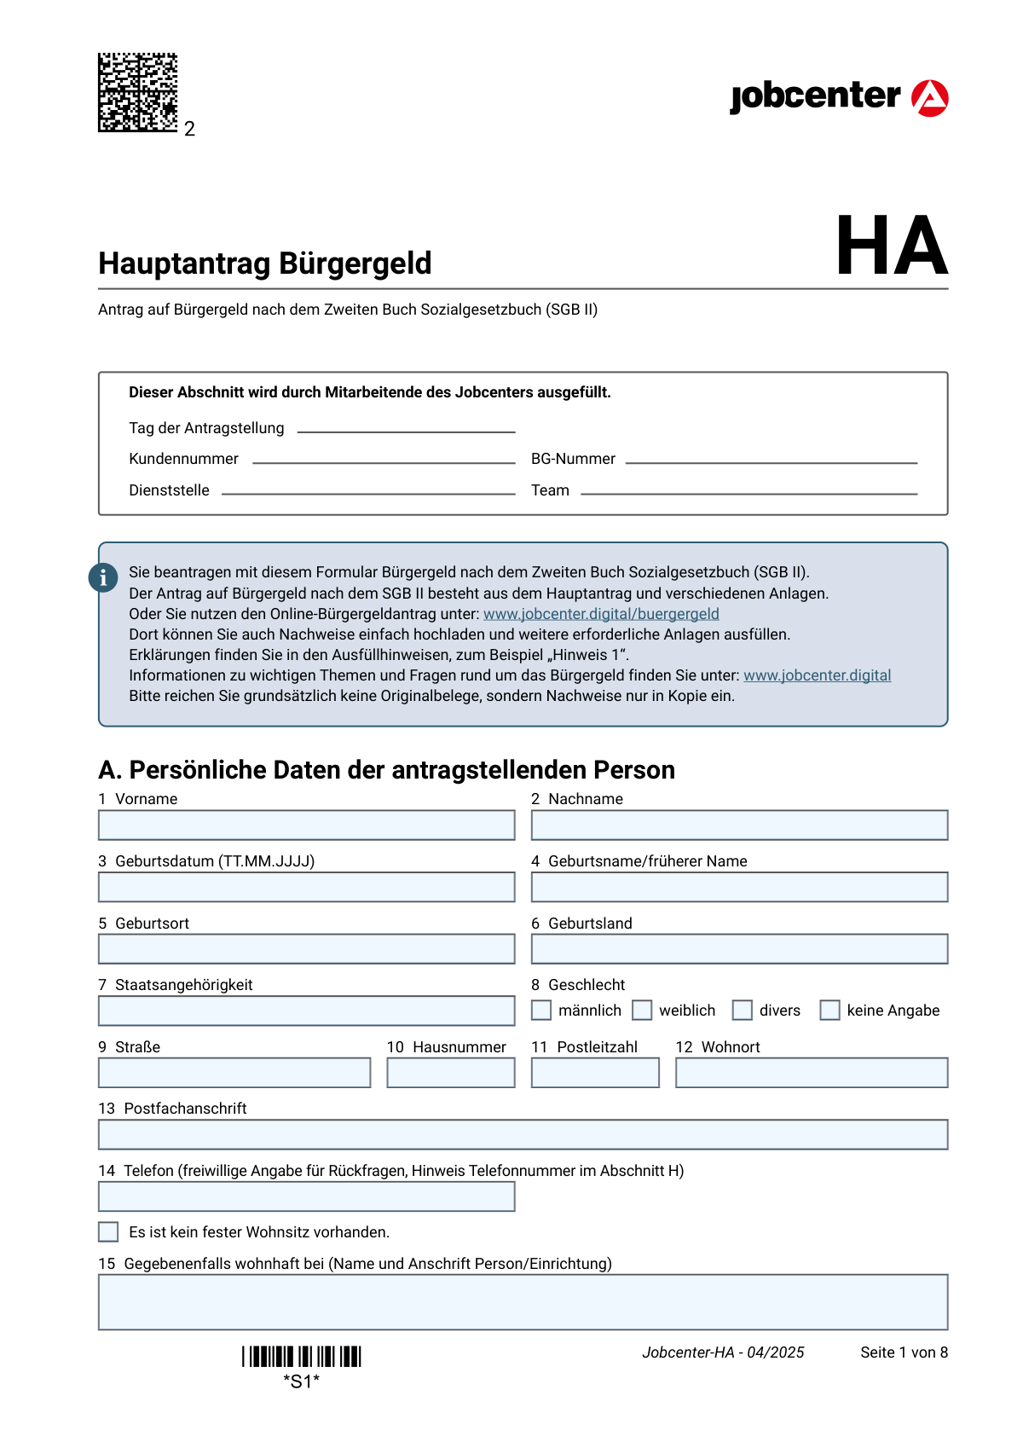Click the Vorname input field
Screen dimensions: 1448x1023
tap(306, 825)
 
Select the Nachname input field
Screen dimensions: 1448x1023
tap(739, 825)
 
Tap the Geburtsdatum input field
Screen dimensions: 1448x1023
tap(306, 887)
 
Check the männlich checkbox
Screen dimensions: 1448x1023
tap(541, 1011)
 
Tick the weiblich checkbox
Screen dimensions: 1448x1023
tap(642, 1011)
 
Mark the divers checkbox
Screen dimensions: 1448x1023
tap(743, 1011)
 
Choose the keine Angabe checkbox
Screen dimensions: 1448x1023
tap(829, 1011)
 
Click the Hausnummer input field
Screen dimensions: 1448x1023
tap(450, 1073)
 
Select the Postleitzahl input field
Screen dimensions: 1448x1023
tap(595, 1073)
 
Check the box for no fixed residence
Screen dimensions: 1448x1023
tap(108, 1232)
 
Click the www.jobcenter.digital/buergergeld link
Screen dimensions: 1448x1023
tap(601, 614)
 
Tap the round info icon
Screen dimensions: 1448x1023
tap(103, 577)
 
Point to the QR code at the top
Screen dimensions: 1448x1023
tap(137, 92)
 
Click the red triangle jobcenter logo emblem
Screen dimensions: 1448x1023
tap(929, 98)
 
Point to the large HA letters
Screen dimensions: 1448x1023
tap(891, 246)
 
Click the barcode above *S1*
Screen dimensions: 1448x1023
tap(302, 1357)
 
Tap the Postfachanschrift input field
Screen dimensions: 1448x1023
tap(523, 1135)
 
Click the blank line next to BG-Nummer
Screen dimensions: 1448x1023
tap(771, 460)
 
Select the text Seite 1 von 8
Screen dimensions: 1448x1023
tap(904, 1352)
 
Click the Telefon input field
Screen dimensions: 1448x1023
tap(306, 1196)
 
